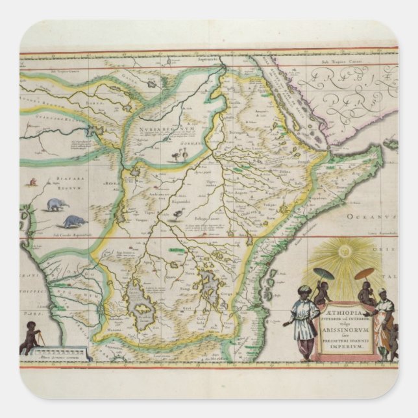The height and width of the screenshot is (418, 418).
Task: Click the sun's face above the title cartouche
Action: pyautogui.click(x=345, y=250)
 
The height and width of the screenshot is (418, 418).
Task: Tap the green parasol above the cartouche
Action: pyautogui.click(x=323, y=273)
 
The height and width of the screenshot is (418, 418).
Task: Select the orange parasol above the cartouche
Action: pyautogui.click(x=365, y=273)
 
